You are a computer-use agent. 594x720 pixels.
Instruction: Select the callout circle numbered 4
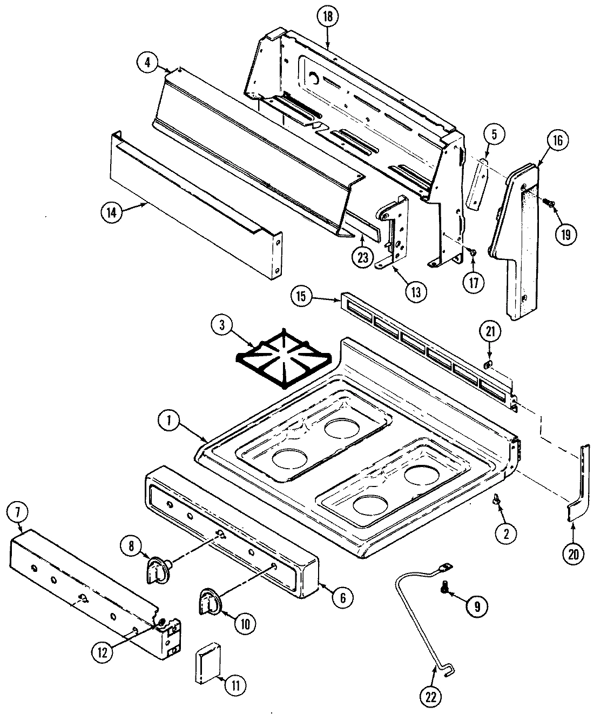pyautogui.click(x=147, y=62)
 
